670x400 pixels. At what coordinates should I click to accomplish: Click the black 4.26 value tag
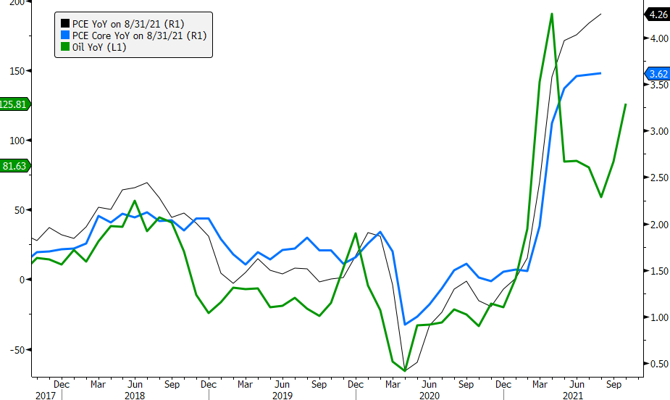point(657,14)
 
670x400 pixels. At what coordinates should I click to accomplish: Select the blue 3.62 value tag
point(657,74)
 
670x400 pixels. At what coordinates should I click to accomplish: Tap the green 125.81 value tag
point(14,104)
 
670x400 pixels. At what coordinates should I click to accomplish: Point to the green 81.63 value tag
point(14,165)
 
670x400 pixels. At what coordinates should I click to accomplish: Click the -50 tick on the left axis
point(16,349)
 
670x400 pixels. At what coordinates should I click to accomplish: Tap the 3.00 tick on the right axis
point(658,131)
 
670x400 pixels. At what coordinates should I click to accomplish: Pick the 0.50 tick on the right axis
point(658,364)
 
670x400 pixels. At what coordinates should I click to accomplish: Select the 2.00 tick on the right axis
point(658,225)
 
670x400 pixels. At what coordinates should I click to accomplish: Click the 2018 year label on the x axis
point(135,396)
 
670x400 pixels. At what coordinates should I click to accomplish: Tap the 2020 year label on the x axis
point(429,396)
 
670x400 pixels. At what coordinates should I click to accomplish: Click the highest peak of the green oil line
point(552,14)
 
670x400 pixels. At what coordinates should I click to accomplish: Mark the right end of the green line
point(626,104)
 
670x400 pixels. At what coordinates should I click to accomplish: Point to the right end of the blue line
point(600,73)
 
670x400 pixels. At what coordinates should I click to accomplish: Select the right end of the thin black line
point(600,14)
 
